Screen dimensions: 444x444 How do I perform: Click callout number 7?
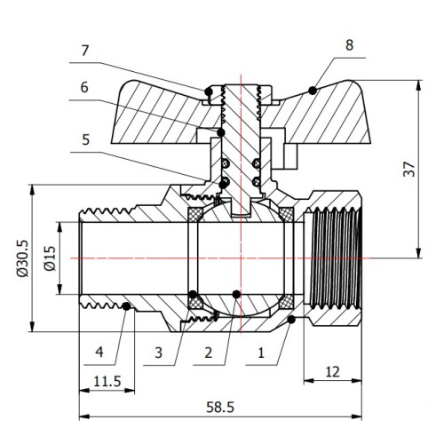coord(85,51)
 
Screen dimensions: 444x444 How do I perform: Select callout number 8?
coord(349,45)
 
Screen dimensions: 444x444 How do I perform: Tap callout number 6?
coord(84,88)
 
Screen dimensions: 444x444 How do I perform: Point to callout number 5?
coord(85,139)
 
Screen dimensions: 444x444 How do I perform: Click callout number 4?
coord(99,353)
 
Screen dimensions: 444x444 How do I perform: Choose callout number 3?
coord(158,353)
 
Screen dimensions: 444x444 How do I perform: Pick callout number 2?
coord(209,353)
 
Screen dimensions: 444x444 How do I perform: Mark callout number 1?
coord(261,353)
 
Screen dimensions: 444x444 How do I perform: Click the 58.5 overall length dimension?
coord(220,408)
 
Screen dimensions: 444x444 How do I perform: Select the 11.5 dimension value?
coord(107,381)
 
